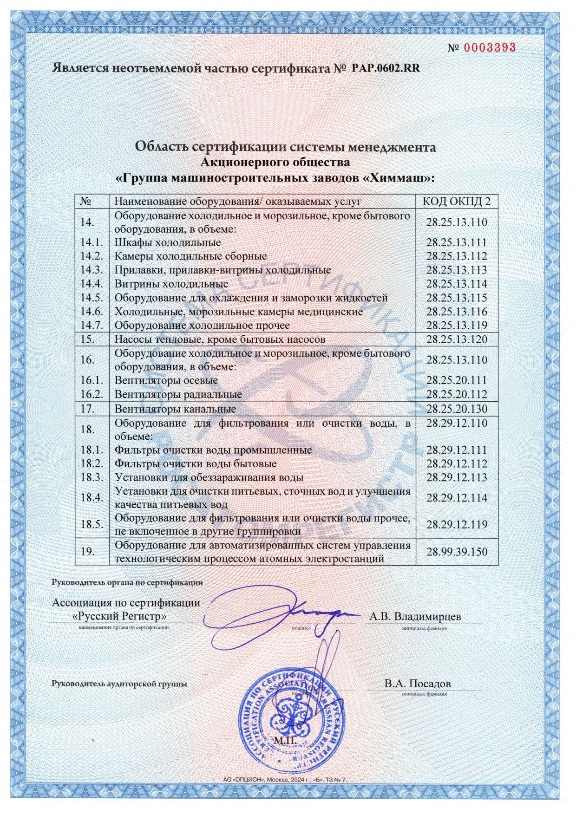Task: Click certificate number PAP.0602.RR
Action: pyautogui.click(x=386, y=68)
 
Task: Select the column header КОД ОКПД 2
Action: pyautogui.click(x=456, y=201)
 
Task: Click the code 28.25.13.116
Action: pyautogui.click(x=457, y=311)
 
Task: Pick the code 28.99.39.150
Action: pyautogui.click(x=457, y=552)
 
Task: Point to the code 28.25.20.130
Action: pyautogui.click(x=457, y=409)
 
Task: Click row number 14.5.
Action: pyautogui.click(x=92, y=297)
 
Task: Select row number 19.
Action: pyautogui.click(x=88, y=551)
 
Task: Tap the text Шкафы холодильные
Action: pyautogui.click(x=168, y=242)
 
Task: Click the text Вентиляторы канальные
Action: pyautogui.click(x=175, y=409)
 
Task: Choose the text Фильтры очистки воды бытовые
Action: pyautogui.click(x=196, y=463)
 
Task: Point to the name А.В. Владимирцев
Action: pyautogui.click(x=415, y=616)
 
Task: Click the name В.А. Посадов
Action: pyautogui.click(x=417, y=684)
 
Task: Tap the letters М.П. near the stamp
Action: pyautogui.click(x=284, y=740)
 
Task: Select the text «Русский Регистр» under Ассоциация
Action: pyautogui.click(x=120, y=616)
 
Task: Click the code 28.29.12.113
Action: pyautogui.click(x=457, y=477)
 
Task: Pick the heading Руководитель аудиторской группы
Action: pyautogui.click(x=119, y=684)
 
